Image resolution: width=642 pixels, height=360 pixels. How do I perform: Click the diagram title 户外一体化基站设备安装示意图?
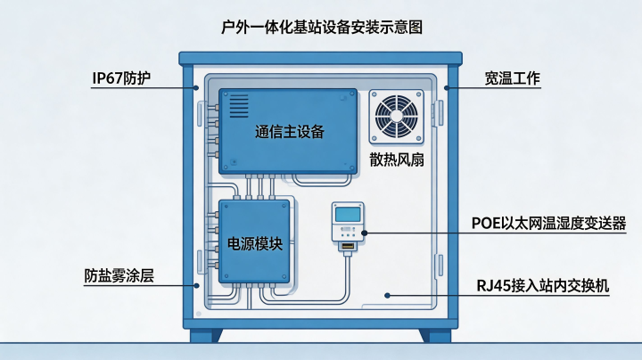click(322, 27)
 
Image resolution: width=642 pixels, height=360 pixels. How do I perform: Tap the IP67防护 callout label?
click(121, 78)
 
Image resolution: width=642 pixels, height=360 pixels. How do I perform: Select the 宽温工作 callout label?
click(512, 78)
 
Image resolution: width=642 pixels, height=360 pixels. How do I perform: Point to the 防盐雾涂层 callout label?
click(119, 275)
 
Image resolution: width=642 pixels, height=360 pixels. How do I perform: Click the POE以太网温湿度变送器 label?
click(548, 224)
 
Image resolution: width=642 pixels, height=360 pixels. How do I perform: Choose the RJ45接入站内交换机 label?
click(543, 285)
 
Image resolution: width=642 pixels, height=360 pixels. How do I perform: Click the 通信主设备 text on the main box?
click(290, 132)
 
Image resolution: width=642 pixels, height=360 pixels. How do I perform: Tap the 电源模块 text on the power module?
click(255, 244)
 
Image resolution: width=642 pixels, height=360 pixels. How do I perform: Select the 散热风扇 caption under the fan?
click(397, 160)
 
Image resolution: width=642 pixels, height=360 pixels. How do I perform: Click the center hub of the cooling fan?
click(396, 116)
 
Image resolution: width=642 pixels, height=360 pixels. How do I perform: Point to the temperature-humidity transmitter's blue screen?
click(348, 214)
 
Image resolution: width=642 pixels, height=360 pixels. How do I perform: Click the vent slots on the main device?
click(239, 106)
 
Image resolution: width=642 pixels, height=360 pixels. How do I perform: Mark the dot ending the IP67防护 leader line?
click(196, 88)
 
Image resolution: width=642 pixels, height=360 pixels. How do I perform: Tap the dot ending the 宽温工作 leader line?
click(447, 88)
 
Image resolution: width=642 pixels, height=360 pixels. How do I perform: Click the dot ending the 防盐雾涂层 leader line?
click(196, 285)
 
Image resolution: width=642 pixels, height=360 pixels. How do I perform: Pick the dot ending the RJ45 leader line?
click(387, 295)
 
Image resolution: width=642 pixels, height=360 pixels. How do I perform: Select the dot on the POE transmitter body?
click(365, 233)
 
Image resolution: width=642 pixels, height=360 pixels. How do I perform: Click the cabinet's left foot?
click(206, 335)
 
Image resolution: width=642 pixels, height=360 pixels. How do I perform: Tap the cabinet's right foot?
click(435, 335)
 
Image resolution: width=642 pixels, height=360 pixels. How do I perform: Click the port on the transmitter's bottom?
click(348, 246)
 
